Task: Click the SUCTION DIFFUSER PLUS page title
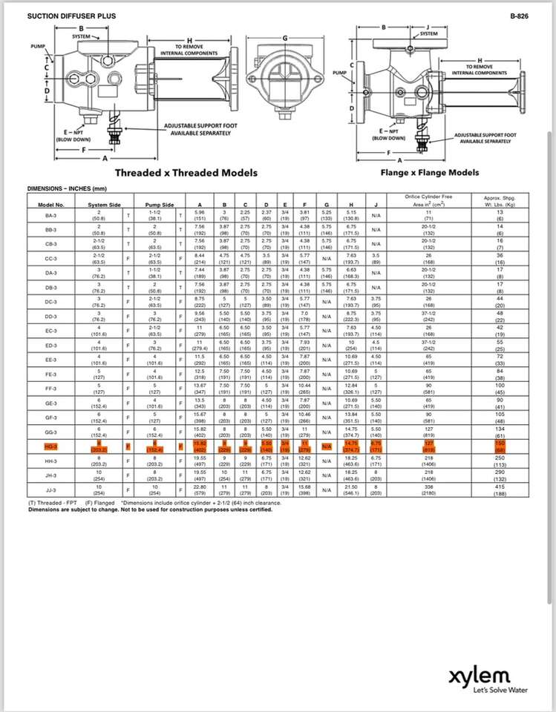pos(62,14)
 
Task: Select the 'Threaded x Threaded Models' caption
pos(186,173)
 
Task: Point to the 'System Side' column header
pos(104,204)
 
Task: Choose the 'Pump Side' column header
pos(159,204)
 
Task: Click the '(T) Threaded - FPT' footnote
pos(54,503)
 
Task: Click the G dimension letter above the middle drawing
pos(285,36)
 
